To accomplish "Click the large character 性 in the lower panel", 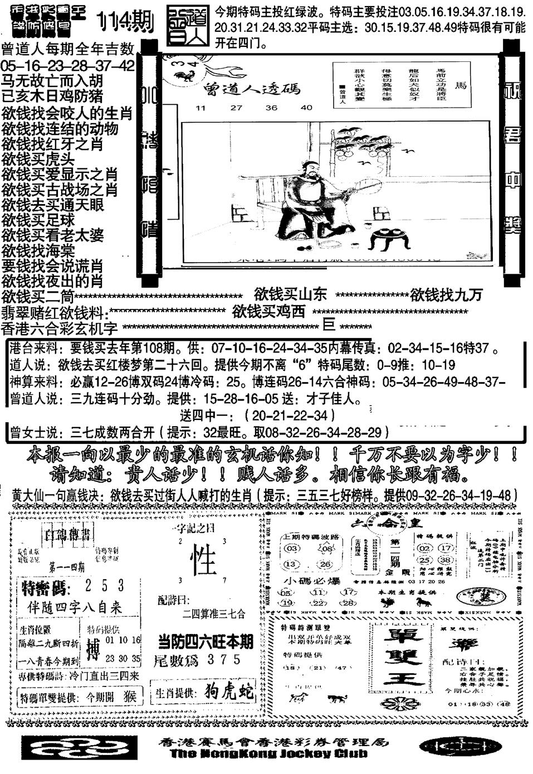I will (x=203, y=560).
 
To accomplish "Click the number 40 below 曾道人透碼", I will (x=306, y=108).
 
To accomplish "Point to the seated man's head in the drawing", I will (x=310, y=167).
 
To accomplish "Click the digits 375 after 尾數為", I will (x=222, y=659).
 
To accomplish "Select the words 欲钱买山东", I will (x=290, y=294).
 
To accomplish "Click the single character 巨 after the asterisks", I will (x=329, y=325).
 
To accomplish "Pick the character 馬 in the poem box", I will (x=461, y=85).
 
